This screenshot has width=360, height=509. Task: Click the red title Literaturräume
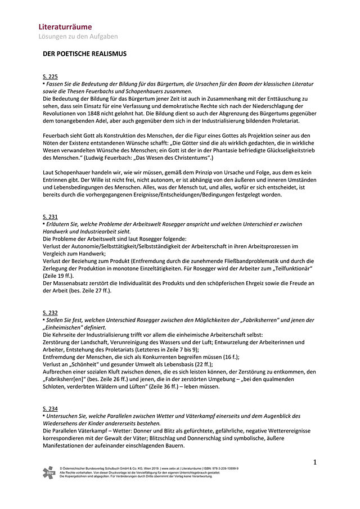[x=65, y=26]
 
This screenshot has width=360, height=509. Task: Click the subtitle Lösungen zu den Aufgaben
[x=78, y=37]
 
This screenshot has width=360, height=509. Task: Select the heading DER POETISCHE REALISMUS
[x=85, y=54]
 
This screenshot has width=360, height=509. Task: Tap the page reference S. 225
[x=50, y=76]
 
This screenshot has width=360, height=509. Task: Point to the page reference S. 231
[x=50, y=217]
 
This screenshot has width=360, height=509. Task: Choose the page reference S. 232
[x=50, y=312]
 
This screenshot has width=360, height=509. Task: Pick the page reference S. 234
[x=50, y=408]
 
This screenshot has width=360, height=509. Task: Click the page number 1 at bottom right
[x=315, y=462]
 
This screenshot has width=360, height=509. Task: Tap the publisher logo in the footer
[x=49, y=472]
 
